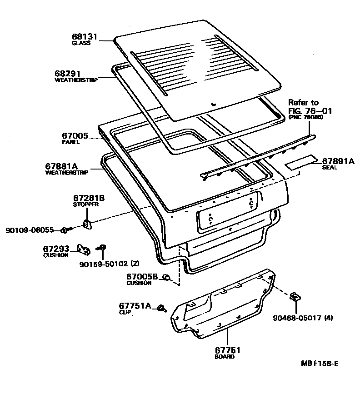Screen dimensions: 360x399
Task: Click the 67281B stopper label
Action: coord(89,198)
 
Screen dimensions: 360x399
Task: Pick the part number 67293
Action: coord(56,249)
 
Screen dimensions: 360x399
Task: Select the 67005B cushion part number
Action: coord(142,276)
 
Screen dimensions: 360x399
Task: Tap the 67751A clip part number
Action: coord(135,306)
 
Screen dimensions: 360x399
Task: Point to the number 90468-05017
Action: coord(297,318)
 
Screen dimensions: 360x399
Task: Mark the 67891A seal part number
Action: coord(338,161)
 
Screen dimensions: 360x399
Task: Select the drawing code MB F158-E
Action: coord(320,363)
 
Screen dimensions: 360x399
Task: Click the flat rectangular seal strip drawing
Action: coord(301,162)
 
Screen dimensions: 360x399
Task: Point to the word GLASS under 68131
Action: coord(81,43)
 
